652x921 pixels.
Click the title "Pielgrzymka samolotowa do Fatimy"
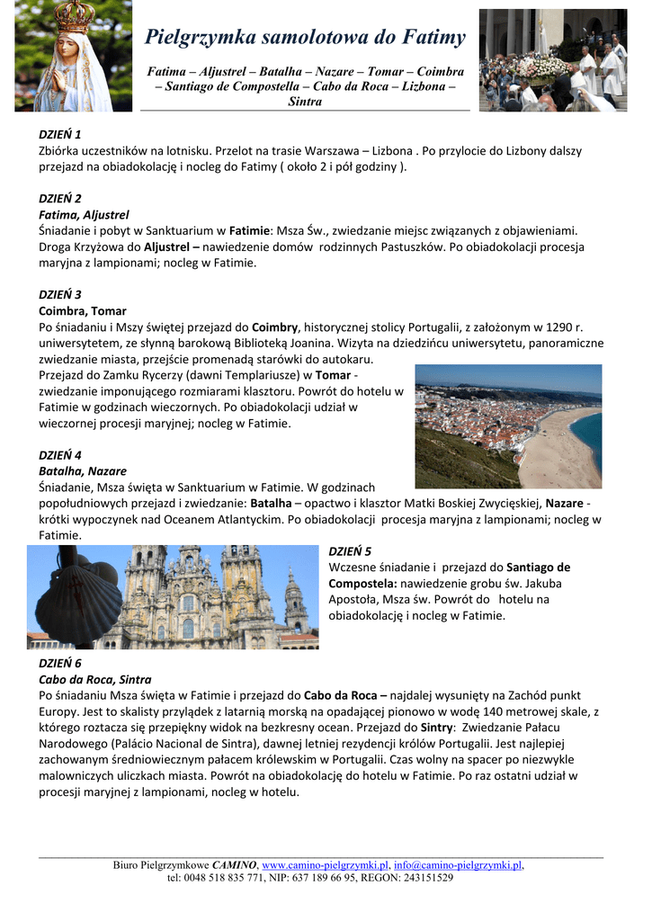pyautogui.click(x=305, y=37)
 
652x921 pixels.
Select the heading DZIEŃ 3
pyautogui.click(x=59, y=294)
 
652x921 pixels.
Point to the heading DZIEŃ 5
pyautogui.click(x=350, y=551)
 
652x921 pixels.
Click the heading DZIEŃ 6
pyautogui.click(x=59, y=663)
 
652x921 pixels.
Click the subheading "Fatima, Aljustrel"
pyautogui.click(x=84, y=215)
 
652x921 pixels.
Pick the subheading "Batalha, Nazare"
pyautogui.click(x=82, y=470)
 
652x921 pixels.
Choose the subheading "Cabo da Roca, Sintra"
pyautogui.click(x=94, y=679)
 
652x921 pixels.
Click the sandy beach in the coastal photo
pyautogui.click(x=558, y=450)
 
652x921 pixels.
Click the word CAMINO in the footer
pyautogui.click(x=234, y=865)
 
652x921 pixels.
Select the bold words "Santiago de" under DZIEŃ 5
pyautogui.click(x=538, y=568)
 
